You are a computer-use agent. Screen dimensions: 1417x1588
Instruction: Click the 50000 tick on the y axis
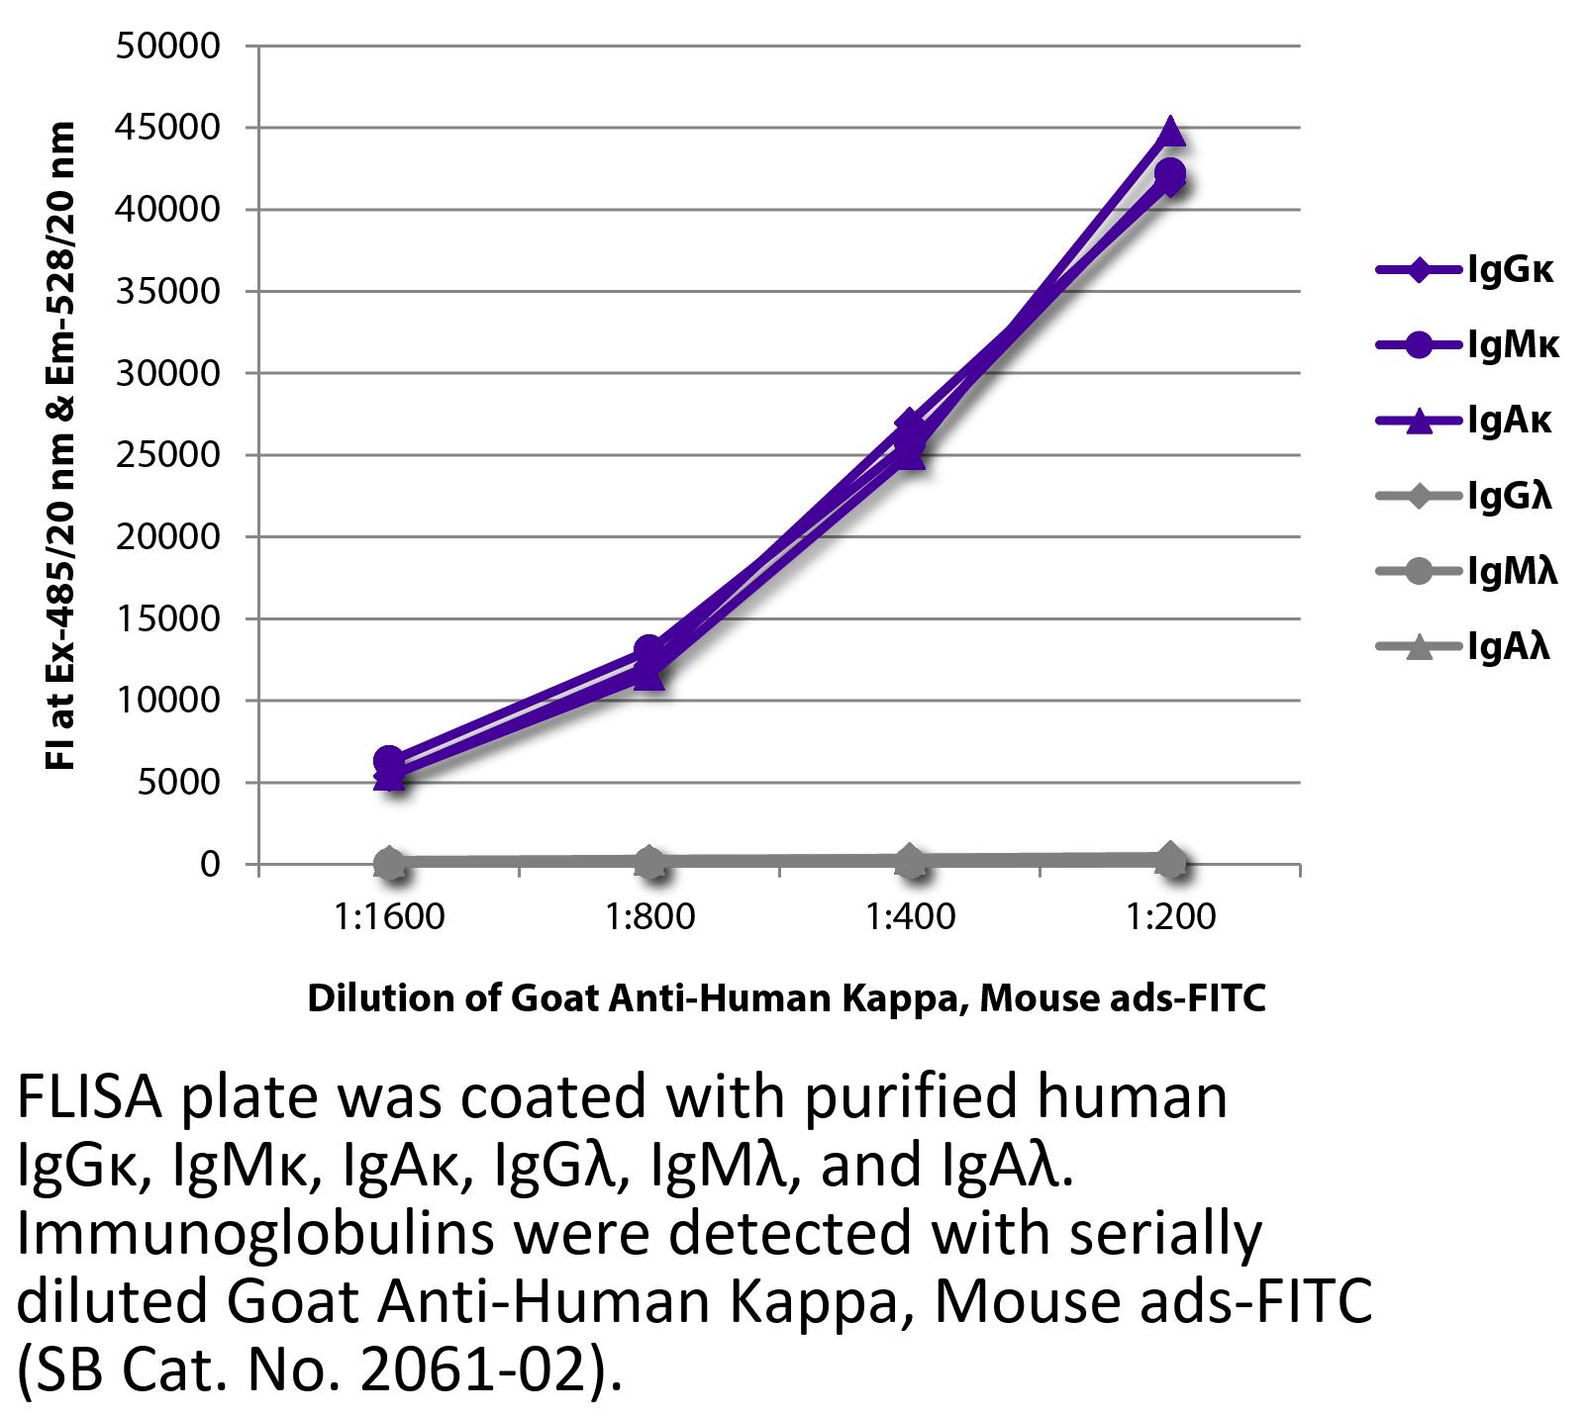(x=167, y=47)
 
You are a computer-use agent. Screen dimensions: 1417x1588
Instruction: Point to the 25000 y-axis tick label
(x=167, y=456)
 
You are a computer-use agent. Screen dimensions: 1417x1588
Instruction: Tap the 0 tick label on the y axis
(x=209, y=865)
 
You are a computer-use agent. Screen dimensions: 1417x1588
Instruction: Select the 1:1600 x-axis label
(x=389, y=917)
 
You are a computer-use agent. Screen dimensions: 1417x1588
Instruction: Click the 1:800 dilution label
(x=649, y=917)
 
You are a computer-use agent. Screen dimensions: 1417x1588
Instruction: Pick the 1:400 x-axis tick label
(x=910, y=917)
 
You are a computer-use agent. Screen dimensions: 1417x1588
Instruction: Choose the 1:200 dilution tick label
(x=1170, y=917)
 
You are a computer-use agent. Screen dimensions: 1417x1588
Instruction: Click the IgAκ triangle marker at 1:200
(x=1170, y=131)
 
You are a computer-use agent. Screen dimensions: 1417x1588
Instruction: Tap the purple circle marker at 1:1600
(x=389, y=761)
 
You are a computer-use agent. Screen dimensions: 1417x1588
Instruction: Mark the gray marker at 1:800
(x=649, y=862)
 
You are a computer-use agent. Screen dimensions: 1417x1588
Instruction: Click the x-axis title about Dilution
(x=786, y=998)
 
